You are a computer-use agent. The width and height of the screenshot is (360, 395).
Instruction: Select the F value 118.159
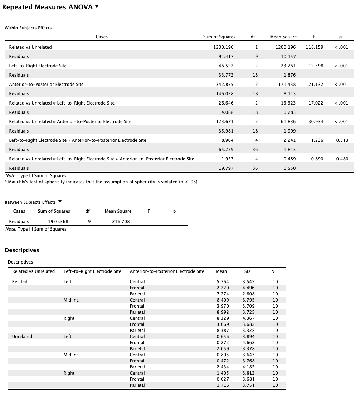coord(315,47)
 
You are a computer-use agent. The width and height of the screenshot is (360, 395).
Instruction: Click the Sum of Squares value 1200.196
coord(224,47)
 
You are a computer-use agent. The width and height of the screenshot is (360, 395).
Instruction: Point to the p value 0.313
coord(342,140)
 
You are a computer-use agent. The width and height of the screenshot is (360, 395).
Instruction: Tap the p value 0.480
coord(342,159)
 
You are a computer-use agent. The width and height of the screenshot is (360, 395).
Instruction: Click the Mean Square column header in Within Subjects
coord(283,37)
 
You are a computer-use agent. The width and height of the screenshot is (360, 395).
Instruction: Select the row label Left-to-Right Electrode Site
coord(38,66)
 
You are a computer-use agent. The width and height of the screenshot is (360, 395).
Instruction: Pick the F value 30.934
coord(316,121)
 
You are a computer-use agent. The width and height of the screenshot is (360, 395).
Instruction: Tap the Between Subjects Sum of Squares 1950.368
coord(58,221)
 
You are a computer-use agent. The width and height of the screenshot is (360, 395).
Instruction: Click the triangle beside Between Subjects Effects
coord(60,202)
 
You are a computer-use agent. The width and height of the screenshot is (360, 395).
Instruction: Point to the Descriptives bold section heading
coord(22,250)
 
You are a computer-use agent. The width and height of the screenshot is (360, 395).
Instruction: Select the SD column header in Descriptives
coord(247,271)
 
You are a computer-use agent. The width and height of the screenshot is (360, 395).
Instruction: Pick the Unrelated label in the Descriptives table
coord(22,336)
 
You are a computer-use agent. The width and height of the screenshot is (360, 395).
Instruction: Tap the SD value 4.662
coord(248,342)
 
